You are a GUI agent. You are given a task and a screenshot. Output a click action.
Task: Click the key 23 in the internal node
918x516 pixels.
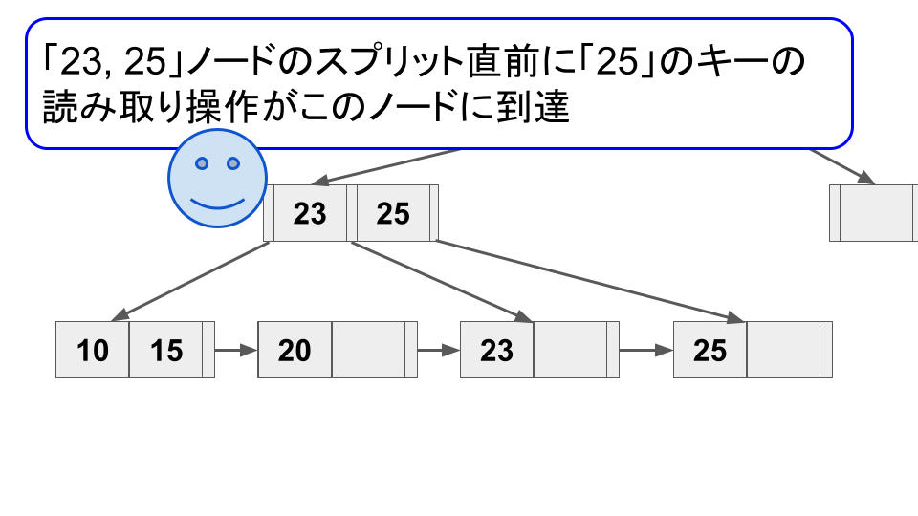[x=310, y=213]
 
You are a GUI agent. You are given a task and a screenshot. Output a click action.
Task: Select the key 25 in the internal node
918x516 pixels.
[x=393, y=213]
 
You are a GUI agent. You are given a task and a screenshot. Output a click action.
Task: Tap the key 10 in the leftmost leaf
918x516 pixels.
[x=93, y=351]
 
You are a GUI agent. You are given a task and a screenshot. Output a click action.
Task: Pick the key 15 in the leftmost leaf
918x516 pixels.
[x=166, y=351]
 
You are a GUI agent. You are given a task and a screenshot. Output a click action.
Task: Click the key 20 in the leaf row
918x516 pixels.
[x=295, y=351]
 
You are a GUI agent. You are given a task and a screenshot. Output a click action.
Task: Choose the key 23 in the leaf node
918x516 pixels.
[x=497, y=351]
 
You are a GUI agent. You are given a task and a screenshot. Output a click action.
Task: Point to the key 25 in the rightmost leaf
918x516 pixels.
[x=710, y=351]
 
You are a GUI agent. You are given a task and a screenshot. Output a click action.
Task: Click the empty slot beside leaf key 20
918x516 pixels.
[x=368, y=351]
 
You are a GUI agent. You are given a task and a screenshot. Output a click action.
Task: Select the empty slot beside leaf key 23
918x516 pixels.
[x=570, y=351]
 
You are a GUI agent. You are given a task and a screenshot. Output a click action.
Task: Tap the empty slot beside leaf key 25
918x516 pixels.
[x=783, y=351]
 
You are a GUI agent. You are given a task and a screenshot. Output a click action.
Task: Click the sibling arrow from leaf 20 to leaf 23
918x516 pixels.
[x=439, y=351]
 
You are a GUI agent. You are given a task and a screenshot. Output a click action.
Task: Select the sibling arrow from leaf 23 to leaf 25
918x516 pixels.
[x=646, y=351]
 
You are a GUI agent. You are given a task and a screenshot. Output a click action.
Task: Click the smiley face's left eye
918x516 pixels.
[x=202, y=164]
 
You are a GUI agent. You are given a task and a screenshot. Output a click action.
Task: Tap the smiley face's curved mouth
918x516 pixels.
[x=216, y=203]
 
